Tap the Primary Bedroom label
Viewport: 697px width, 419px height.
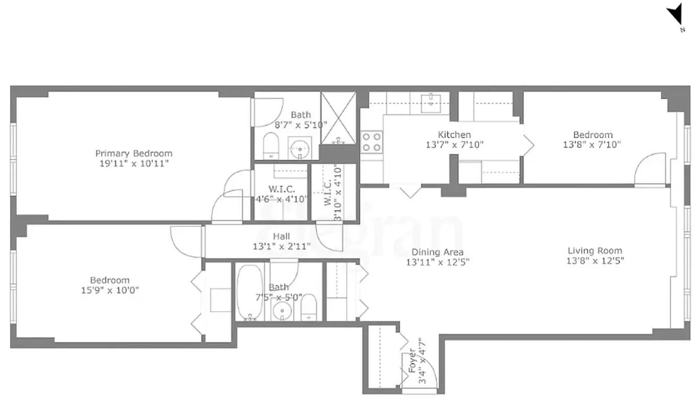[133, 153]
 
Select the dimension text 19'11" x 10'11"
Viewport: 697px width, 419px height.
[133, 163]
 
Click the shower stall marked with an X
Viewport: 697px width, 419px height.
[339, 118]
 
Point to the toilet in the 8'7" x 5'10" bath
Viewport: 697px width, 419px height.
[271, 145]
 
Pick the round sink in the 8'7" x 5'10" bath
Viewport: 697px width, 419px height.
[300, 147]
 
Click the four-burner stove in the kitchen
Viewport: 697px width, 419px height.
[372, 141]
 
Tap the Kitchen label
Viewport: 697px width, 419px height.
[454, 135]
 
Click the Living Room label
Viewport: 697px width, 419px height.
[594, 251]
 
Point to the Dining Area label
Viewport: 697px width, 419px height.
[437, 252]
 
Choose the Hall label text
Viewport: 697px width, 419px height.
[281, 236]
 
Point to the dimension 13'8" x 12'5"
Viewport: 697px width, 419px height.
[594, 261]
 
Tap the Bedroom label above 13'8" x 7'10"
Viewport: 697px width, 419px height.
[592, 135]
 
